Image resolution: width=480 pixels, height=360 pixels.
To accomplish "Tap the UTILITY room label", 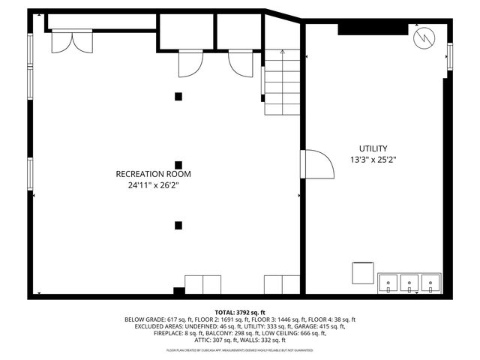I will coord(373,148).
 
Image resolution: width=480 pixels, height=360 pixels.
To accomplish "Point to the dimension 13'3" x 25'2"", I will coord(373,160).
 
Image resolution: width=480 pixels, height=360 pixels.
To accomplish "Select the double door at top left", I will coord(72,41).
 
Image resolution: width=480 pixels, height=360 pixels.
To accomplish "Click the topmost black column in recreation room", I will coord(178,95).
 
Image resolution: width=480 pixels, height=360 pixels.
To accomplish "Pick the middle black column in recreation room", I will coord(178,165).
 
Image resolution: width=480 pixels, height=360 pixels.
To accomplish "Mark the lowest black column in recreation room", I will coord(178,224).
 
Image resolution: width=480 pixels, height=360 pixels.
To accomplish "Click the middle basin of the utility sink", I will coord(409,283).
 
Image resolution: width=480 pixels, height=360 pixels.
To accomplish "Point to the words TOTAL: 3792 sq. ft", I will coord(240,311).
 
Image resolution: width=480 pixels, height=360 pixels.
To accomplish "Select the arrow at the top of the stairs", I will coord(282,53).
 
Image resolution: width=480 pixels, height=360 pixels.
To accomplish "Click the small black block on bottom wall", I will coord(178,291).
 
